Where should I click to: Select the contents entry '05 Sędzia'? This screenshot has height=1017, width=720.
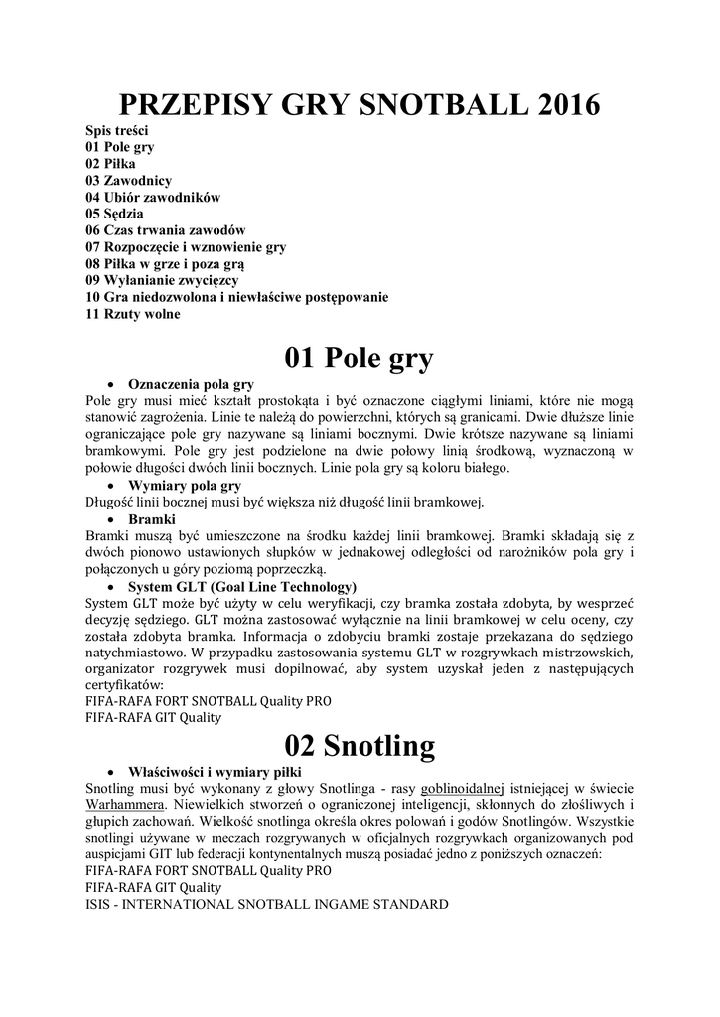pos(114,214)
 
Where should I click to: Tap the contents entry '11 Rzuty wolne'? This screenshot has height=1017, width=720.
pos(133,314)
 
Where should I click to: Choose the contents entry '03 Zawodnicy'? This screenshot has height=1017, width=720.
pos(129,180)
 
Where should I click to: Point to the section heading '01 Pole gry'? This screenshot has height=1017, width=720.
pos(360,359)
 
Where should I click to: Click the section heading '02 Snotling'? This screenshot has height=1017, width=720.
pos(360,745)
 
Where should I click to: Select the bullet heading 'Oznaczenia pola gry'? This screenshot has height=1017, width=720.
pos(192,383)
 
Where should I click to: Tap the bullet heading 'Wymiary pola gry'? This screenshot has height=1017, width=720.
pos(185,486)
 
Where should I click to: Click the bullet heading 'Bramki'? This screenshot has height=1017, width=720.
pos(152,519)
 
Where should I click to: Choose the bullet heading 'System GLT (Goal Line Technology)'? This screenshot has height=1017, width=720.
pos(242,587)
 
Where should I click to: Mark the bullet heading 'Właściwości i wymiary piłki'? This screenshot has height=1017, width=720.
pos(216,771)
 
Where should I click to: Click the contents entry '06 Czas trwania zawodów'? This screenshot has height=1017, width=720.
pos(165,230)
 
